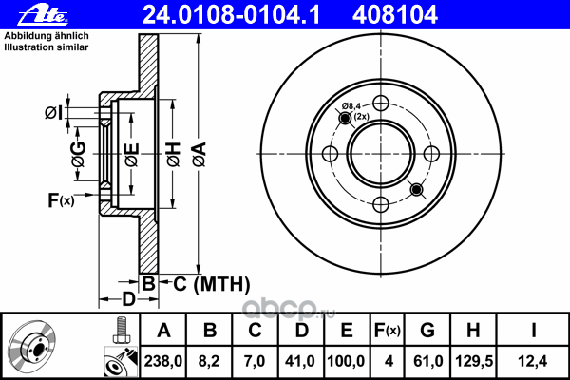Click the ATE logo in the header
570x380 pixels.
[43, 15]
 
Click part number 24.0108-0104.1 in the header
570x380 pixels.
[231, 15]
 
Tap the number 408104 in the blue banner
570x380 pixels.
[395, 15]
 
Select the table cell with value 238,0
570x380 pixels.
[162, 361]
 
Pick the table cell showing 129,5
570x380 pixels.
[474, 361]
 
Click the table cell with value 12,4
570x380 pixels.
[533, 361]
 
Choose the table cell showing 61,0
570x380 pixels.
[427, 361]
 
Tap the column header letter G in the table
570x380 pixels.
[427, 331]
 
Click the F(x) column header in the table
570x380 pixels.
[388, 331]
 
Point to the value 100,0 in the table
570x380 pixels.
[346, 361]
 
